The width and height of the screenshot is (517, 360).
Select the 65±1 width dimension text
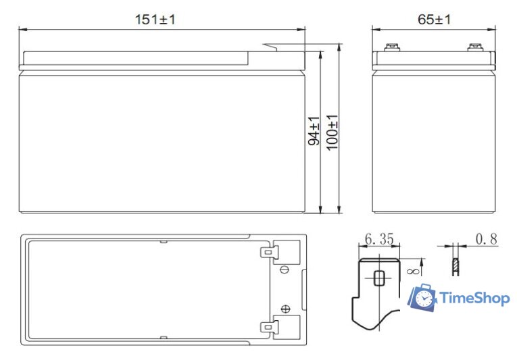click(x=434, y=20)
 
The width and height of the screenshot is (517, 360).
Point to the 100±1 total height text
click(x=333, y=132)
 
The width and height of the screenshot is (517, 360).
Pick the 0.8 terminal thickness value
click(x=487, y=239)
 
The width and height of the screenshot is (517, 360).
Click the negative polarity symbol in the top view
click(x=285, y=270)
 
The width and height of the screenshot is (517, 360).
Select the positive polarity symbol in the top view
click(x=285, y=309)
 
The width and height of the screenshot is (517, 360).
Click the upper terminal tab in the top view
click(x=269, y=252)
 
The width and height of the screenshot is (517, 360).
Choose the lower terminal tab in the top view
click(x=269, y=328)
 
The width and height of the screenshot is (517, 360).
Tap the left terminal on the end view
click(x=391, y=48)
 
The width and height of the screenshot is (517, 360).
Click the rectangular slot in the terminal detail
click(x=378, y=278)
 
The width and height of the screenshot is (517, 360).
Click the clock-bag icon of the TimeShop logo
click(x=423, y=298)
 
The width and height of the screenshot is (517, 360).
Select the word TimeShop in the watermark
click(x=474, y=298)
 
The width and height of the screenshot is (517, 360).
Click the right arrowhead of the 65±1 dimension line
click(x=495, y=29)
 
